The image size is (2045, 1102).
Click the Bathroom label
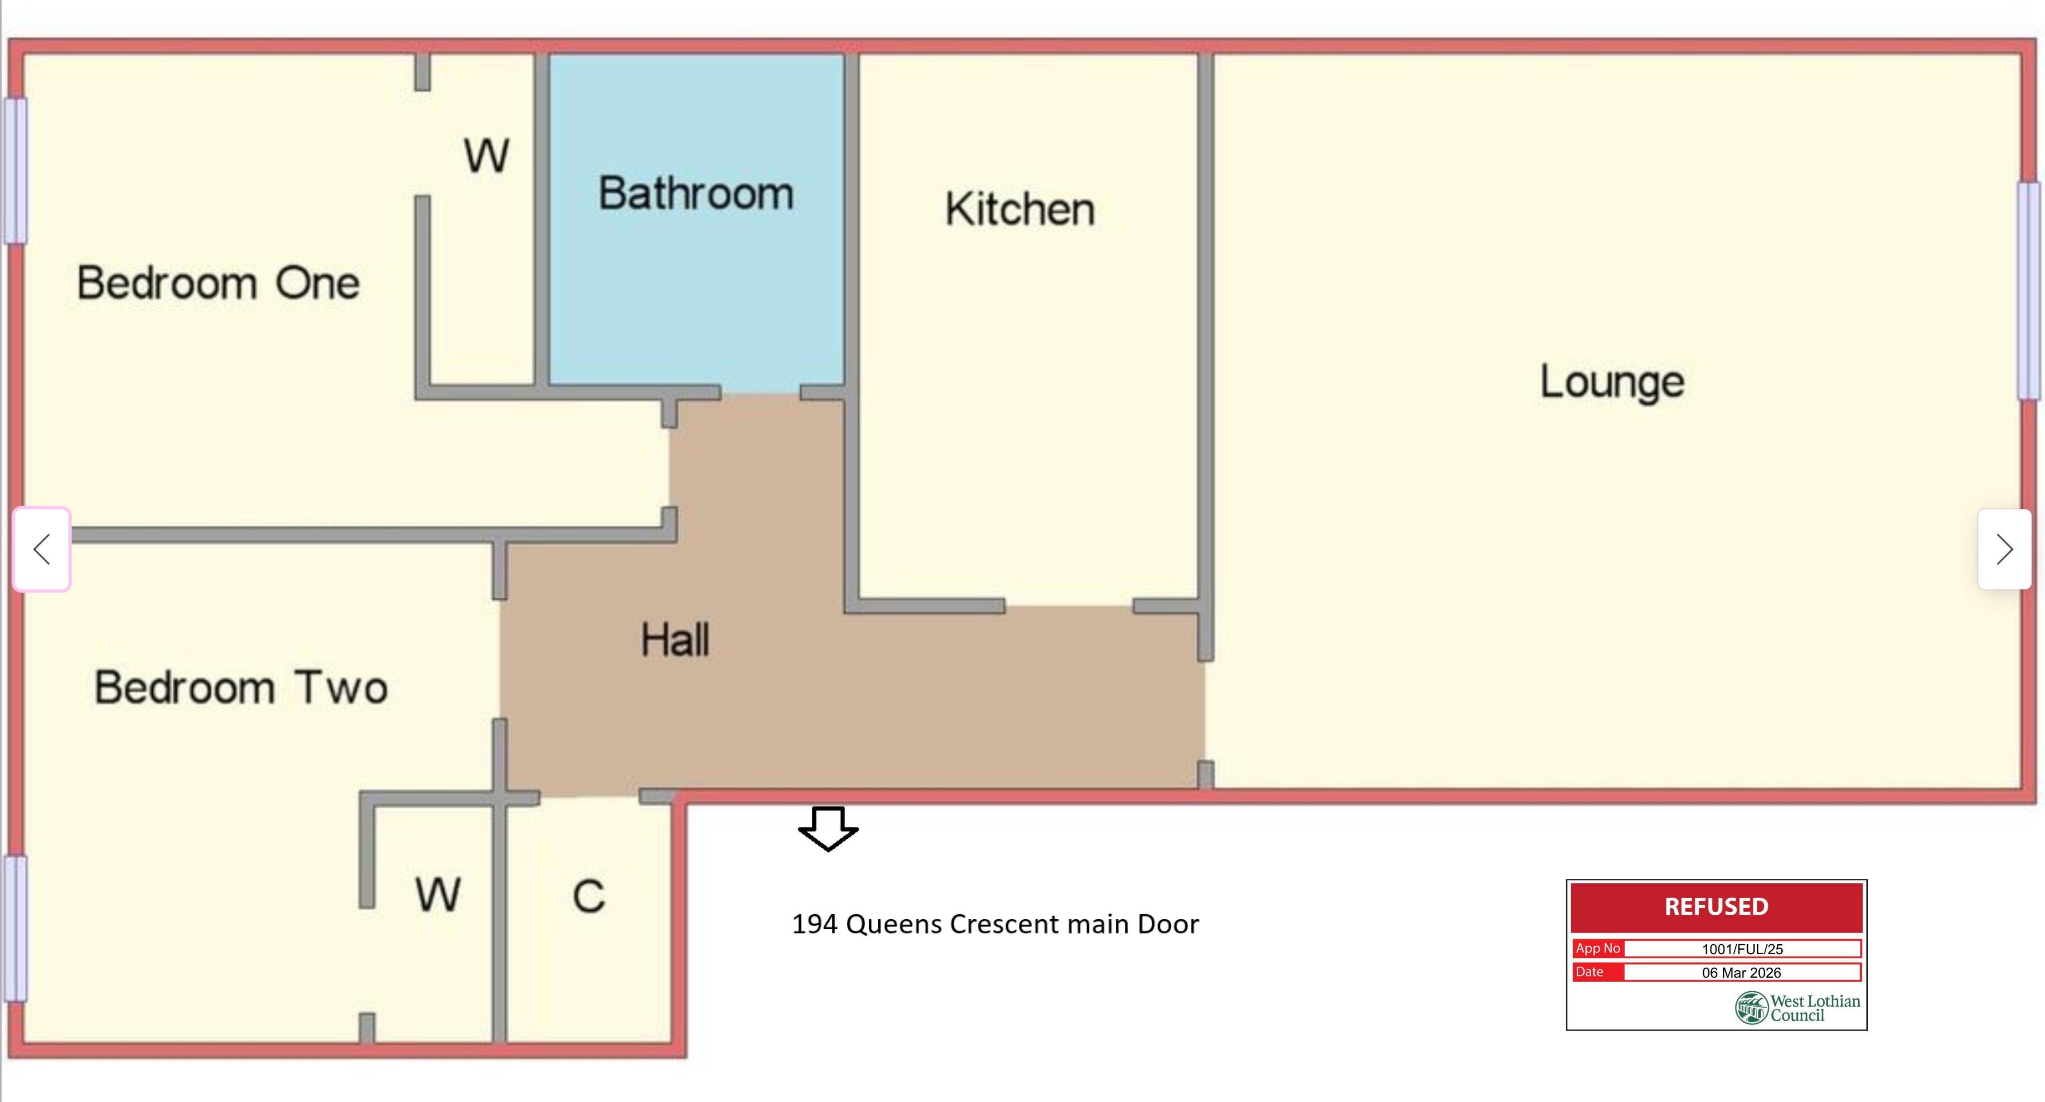[695, 194]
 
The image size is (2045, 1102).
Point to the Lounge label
[1612, 382]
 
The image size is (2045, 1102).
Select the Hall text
[675, 640]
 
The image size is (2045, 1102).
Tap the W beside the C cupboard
[437, 895]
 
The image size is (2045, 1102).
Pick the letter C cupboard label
[589, 896]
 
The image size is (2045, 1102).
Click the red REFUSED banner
[1716, 907]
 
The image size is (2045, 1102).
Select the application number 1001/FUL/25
[1742, 949]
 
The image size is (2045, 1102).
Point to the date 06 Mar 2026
[1742, 973]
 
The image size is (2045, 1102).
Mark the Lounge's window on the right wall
[2029, 291]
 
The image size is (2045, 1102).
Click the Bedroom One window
[15, 171]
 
